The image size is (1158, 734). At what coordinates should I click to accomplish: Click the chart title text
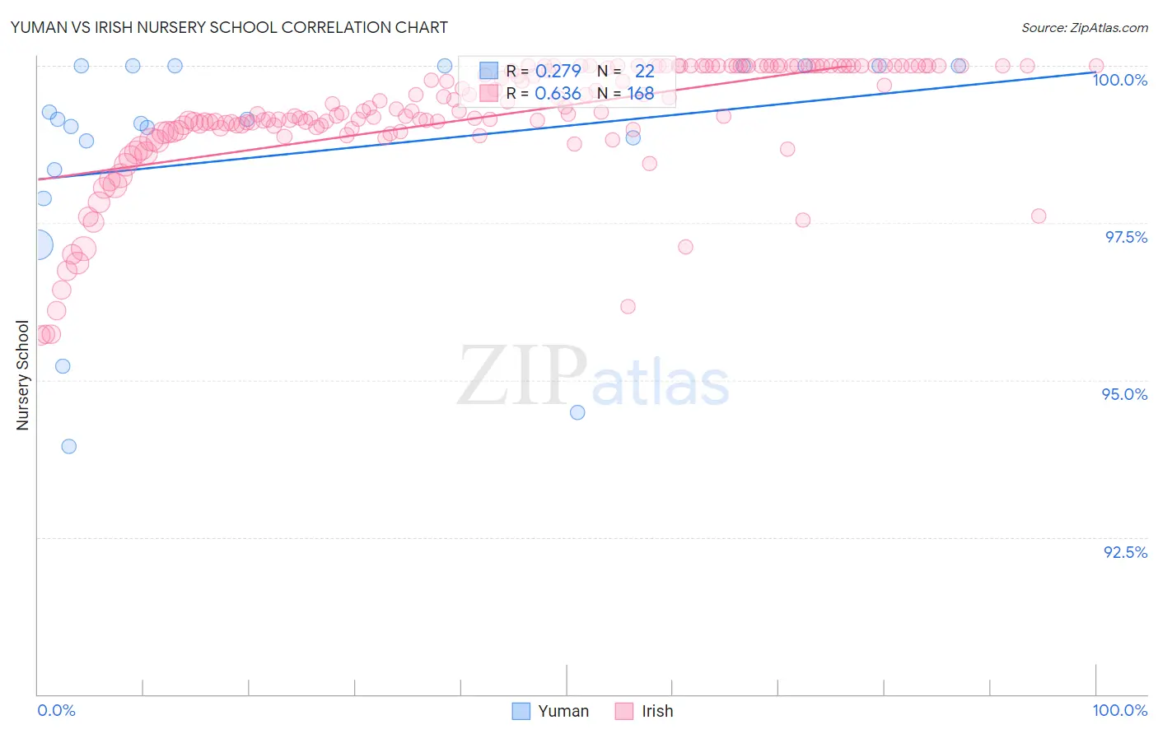point(229,27)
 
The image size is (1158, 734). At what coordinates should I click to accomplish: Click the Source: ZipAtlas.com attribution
point(1084,27)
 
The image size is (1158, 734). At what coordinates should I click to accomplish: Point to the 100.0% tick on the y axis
point(1119,80)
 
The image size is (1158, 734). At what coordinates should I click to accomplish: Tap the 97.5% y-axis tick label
point(1125,237)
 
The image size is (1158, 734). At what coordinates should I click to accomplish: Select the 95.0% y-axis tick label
point(1124,394)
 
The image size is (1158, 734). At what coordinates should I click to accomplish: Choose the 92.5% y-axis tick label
point(1125,552)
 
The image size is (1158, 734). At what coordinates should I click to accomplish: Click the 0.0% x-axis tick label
point(56,710)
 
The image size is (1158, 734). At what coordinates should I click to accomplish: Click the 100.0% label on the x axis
point(1119,710)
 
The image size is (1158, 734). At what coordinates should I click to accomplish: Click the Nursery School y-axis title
point(22,375)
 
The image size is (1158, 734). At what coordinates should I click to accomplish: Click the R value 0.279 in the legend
point(558,71)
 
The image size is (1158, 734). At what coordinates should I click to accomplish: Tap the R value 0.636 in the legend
point(558,94)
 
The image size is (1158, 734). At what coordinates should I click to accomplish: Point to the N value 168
point(641,94)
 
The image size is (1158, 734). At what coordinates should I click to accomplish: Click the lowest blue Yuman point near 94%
point(69,446)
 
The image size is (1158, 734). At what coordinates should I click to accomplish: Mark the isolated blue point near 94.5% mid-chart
point(577,412)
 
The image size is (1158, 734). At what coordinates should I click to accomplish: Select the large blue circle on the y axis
point(37,244)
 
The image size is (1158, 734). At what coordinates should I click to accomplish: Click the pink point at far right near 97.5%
point(1039,216)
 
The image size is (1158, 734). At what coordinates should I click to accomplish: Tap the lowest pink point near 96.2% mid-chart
point(628,306)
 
